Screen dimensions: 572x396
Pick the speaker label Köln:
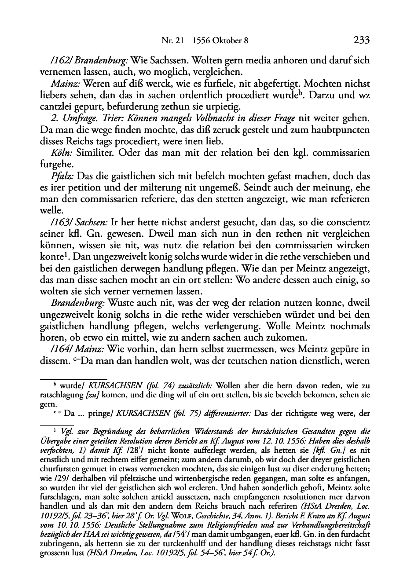point(63,153)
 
